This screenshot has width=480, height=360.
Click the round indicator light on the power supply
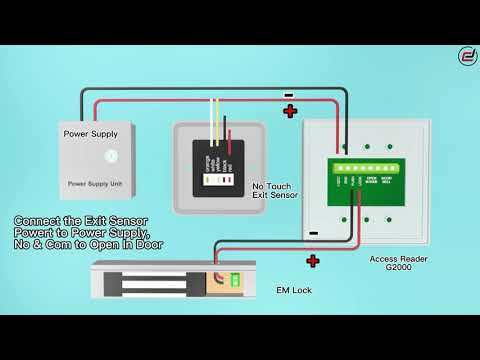pos(111,156)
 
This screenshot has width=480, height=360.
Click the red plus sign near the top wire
pos(291,111)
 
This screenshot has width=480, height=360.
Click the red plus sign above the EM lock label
pos(312,262)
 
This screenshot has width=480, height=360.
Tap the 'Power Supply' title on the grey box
pos(91,133)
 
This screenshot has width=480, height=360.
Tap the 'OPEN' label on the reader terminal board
pos(370,181)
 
